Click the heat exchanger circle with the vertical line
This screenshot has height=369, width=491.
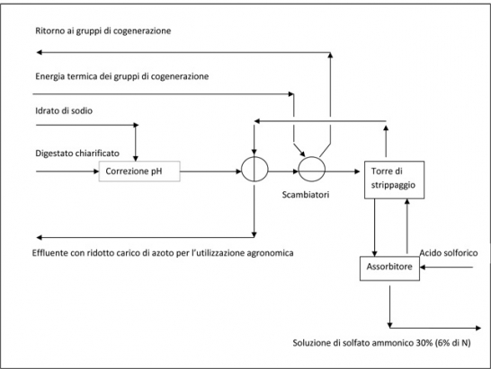pyautogui.click(x=254, y=169)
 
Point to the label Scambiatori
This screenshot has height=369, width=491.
pyautogui.click(x=306, y=195)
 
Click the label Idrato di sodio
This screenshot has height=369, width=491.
pyautogui.click(x=64, y=110)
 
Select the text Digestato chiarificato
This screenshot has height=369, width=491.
pyautogui.click(x=77, y=154)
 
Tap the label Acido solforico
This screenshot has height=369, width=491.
pyautogui.click(x=449, y=252)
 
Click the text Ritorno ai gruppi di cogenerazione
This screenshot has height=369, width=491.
pyautogui.click(x=103, y=31)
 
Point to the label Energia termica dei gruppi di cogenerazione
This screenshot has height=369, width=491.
pyautogui.click(x=121, y=76)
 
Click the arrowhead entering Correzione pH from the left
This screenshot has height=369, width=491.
pyautogui.click(x=96, y=171)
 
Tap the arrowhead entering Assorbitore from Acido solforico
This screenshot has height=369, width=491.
pyautogui.click(x=423, y=267)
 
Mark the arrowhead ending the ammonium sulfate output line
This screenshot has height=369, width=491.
pyautogui.click(x=478, y=328)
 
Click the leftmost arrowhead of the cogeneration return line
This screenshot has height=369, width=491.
pyautogui.click(x=40, y=52)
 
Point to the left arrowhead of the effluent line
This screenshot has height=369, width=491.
pyautogui.click(x=40, y=237)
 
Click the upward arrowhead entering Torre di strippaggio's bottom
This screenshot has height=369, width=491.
pyautogui.click(x=407, y=201)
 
